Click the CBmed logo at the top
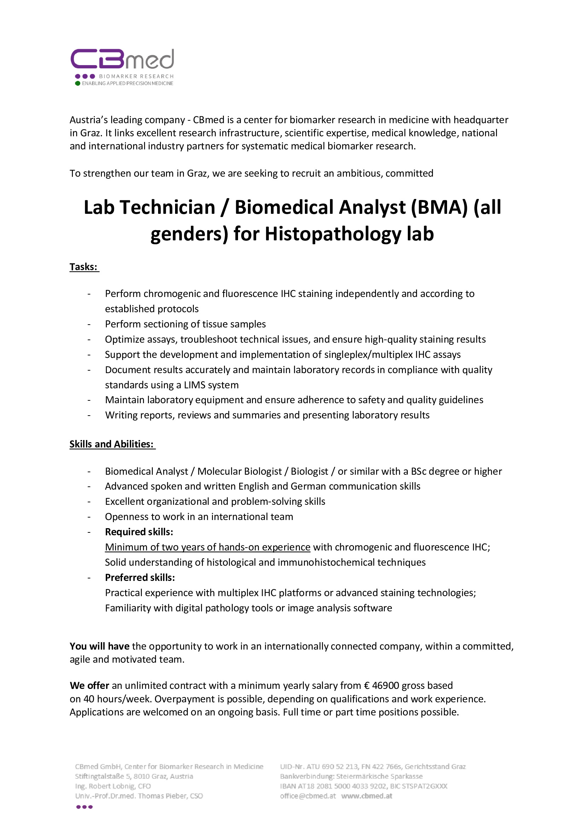point(122,59)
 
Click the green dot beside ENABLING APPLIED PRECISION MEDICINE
point(77,83)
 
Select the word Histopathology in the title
point(333,234)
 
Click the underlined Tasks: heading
point(83,267)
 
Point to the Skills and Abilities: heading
point(112,444)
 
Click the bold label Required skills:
point(139,532)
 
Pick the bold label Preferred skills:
point(140,577)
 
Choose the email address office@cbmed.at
point(308,796)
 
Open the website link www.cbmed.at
point(367,796)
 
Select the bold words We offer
point(89,686)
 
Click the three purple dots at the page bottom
point(84,807)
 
